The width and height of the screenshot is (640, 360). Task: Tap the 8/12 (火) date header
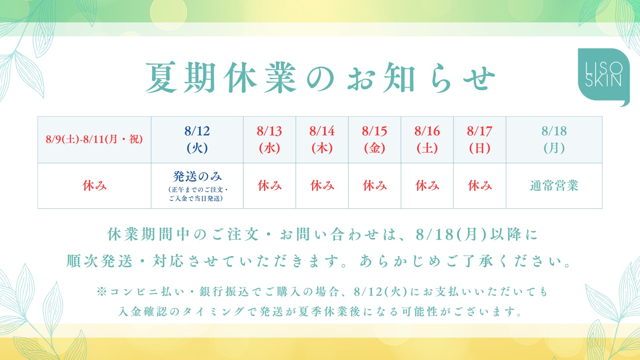point(197,140)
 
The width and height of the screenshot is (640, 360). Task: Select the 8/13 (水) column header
point(270,140)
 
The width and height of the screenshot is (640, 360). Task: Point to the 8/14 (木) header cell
point(322,140)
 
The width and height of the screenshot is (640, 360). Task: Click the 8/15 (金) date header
point(374,140)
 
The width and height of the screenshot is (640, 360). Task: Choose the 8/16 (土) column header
point(427,140)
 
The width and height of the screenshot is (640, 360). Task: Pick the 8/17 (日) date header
point(480,140)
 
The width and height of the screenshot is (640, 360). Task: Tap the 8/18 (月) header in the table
point(554,140)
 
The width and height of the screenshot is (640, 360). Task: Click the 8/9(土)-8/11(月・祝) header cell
point(94,140)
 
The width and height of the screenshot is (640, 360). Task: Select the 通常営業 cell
point(554,186)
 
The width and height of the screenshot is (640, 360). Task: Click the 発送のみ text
point(197,176)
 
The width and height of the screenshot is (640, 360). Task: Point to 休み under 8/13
point(270,186)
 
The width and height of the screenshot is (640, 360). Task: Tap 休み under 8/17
point(480,186)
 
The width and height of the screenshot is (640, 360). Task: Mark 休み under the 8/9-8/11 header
point(94,186)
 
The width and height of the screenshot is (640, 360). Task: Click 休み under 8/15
point(374,186)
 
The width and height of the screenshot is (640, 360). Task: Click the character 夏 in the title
point(161,78)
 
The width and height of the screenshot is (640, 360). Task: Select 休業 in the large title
point(260,78)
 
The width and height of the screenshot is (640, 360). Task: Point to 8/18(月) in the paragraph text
point(451,234)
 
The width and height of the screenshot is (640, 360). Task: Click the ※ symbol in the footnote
point(102,292)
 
